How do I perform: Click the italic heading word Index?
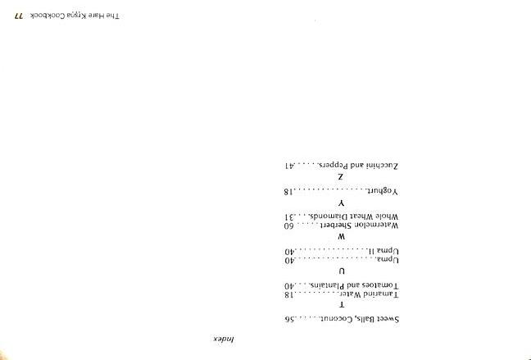[x=212, y=338]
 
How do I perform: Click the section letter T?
[x=341, y=304]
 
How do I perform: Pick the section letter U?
[x=341, y=271]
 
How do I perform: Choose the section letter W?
[x=341, y=236]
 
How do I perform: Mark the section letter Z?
[x=341, y=177]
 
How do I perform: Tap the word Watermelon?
[x=376, y=225]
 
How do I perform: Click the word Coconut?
[x=334, y=318]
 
